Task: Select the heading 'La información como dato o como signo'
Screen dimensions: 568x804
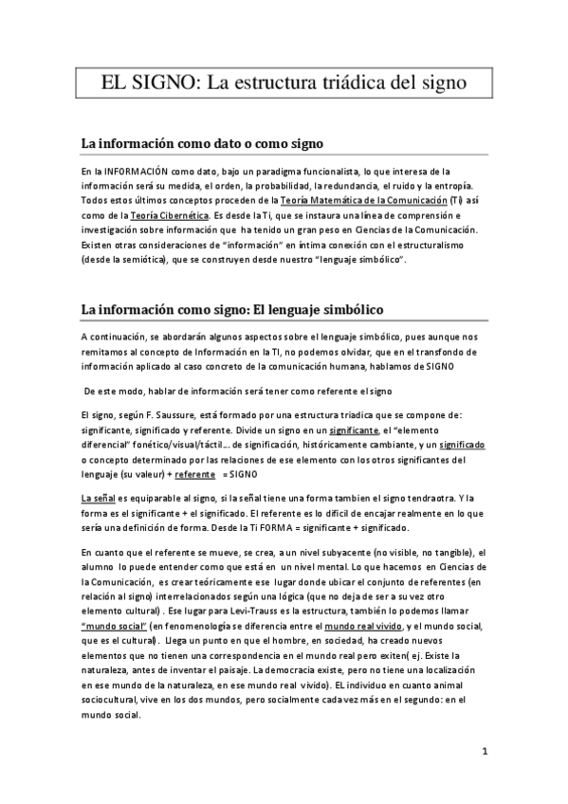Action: pyautogui.click(x=202, y=144)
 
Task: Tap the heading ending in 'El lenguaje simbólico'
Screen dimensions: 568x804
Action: pyautogui.click(x=232, y=310)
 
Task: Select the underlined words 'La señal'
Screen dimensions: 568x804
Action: pyautogui.click(x=99, y=498)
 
